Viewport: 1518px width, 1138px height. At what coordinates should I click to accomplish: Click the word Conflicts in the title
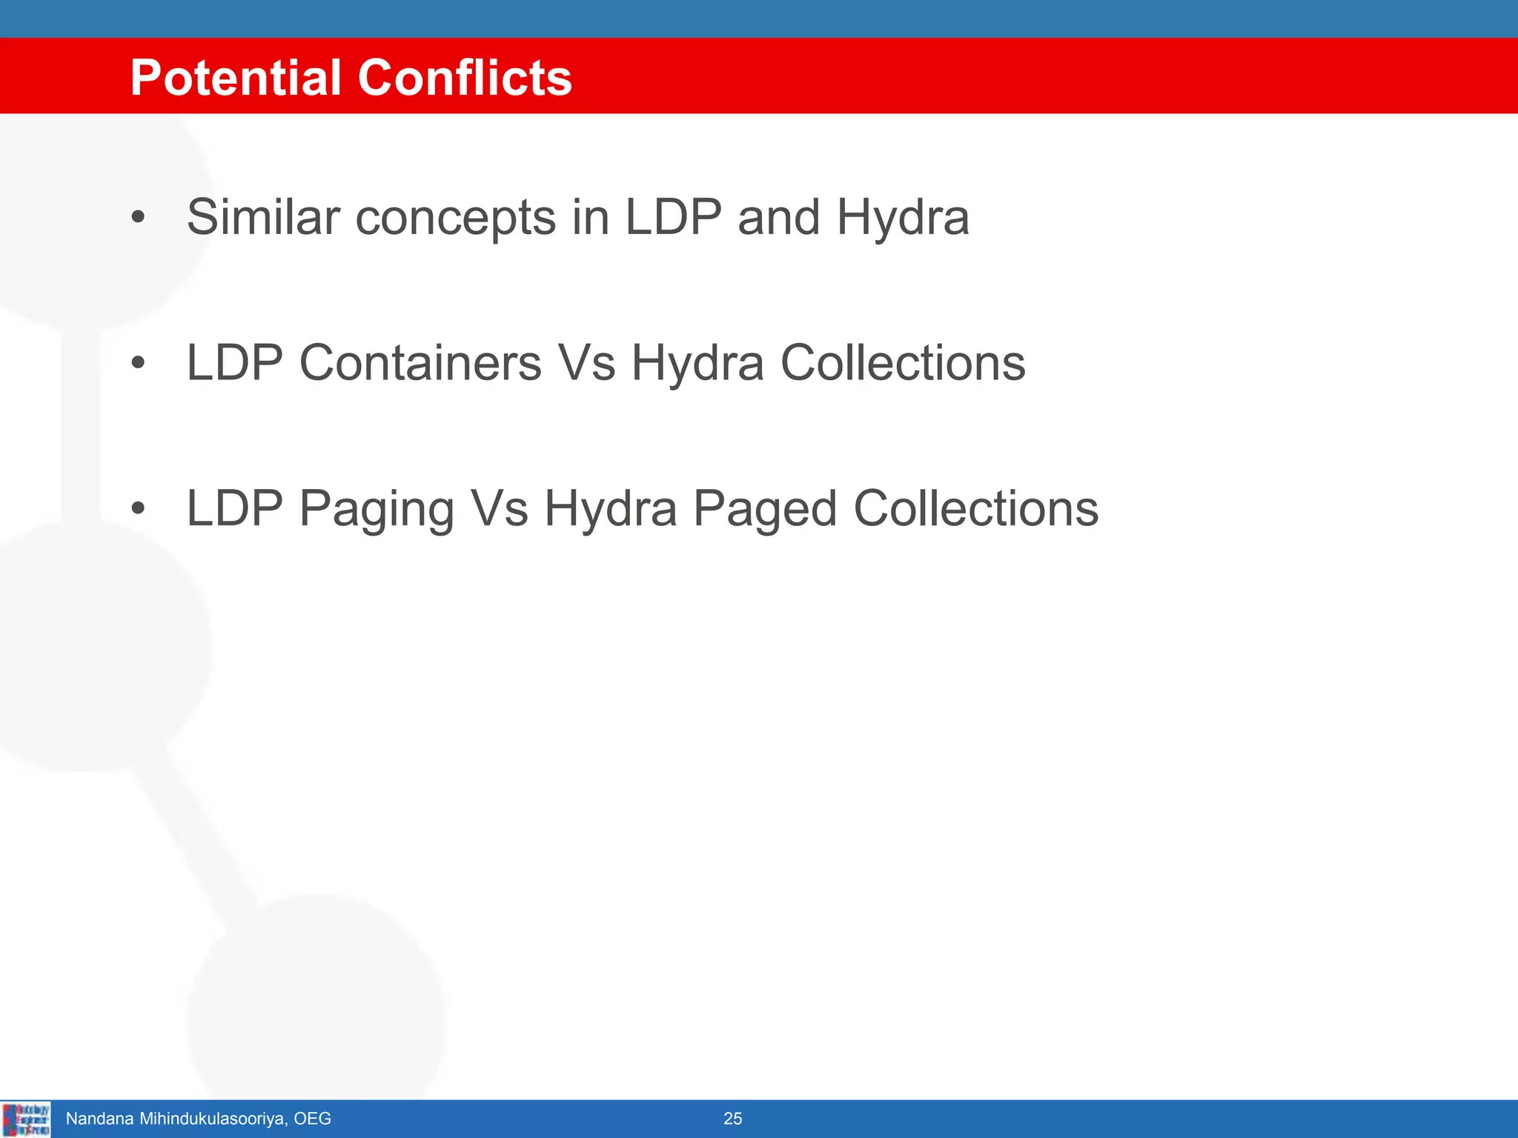465,78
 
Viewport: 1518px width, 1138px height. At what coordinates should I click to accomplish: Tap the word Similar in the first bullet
263,217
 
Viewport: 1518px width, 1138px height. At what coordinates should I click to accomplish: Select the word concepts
455,219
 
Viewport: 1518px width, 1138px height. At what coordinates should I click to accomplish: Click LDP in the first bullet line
673,217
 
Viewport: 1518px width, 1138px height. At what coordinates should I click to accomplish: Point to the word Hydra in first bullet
902,219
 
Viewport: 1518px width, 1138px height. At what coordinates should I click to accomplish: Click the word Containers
420,363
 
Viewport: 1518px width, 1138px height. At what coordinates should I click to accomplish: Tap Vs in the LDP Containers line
586,363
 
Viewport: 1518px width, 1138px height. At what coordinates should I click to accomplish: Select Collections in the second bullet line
902,363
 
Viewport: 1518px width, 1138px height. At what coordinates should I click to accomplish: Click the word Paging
377,510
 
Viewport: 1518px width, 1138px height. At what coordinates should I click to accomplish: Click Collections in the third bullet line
975,509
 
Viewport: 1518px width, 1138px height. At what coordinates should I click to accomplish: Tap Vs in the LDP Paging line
500,509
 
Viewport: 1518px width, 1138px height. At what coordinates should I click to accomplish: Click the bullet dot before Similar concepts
138,218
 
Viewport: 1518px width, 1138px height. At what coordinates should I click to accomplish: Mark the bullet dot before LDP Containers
138,363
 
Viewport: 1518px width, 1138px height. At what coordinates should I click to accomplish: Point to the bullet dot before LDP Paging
138,509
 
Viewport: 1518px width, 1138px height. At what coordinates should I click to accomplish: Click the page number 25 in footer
732,1119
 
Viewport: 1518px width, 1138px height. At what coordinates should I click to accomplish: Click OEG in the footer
312,1119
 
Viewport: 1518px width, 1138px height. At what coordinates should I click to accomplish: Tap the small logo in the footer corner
26,1119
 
